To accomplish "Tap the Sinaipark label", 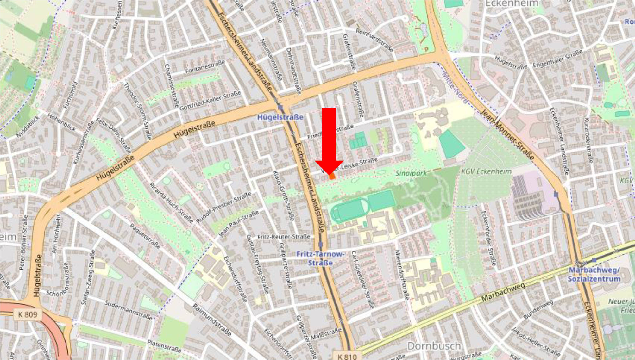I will [411, 173].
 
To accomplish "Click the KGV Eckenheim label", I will [486, 171].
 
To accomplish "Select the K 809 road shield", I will [28, 314].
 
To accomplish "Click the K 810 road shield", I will [347, 356].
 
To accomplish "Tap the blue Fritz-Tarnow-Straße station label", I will [320, 258].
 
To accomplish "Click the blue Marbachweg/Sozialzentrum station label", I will [594, 275].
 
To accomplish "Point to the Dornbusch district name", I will [434, 346].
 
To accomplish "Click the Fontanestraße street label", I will [205, 67].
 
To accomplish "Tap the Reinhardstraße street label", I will [374, 40].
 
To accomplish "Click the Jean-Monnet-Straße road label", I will [507, 134].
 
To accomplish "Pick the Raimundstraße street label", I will [212, 320].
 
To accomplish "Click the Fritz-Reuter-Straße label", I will [284, 237].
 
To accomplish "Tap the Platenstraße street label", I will [164, 346].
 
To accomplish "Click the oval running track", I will [349, 210].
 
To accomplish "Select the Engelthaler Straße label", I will [557, 59].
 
